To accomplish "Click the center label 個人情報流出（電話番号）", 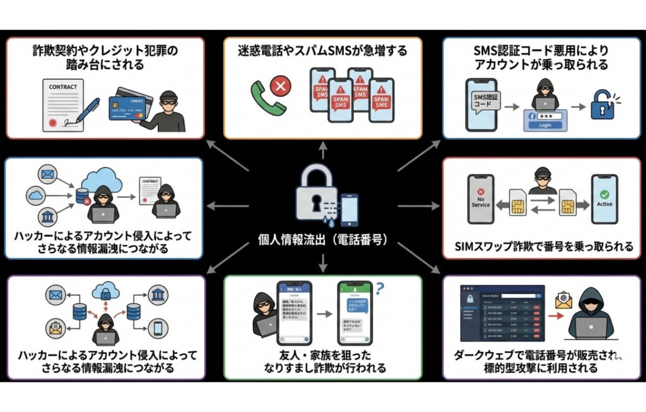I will click(322, 240).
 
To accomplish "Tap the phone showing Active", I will click(604, 200).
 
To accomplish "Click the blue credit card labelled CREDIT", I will click(131, 107).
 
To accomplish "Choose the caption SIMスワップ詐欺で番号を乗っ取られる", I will click(544, 247).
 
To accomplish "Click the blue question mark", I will click(380, 289).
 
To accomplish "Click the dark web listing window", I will click(503, 315).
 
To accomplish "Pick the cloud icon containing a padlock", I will click(105, 291).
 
